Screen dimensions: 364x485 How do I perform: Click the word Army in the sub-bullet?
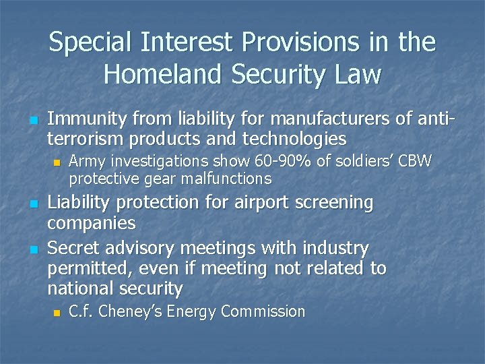click(x=86, y=162)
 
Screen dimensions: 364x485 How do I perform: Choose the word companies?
click(x=91, y=222)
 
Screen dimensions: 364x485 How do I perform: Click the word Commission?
click(x=266, y=311)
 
